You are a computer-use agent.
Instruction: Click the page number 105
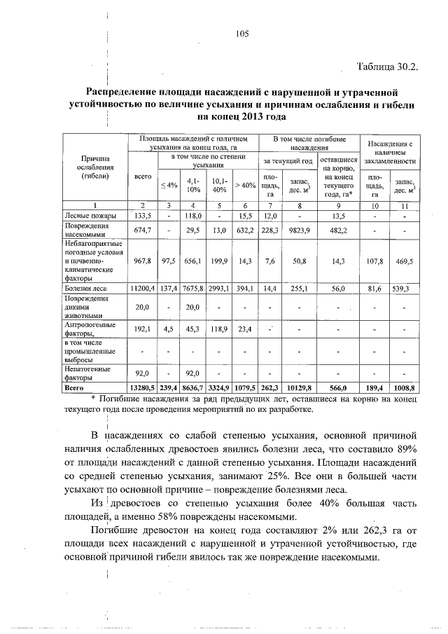[x=243, y=34]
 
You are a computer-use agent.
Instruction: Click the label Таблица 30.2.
[x=387, y=67]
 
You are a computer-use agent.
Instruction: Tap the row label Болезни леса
[x=85, y=288]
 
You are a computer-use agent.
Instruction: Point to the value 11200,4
[x=142, y=288]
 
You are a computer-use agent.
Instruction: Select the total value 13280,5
[x=142, y=386]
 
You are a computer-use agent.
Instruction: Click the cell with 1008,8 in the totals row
[x=404, y=386]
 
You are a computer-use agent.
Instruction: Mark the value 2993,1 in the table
[x=219, y=288]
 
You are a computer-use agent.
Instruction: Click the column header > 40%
[x=246, y=185]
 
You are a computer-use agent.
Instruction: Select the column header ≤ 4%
[x=169, y=185]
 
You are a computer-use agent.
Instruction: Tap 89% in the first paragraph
[x=405, y=448]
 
